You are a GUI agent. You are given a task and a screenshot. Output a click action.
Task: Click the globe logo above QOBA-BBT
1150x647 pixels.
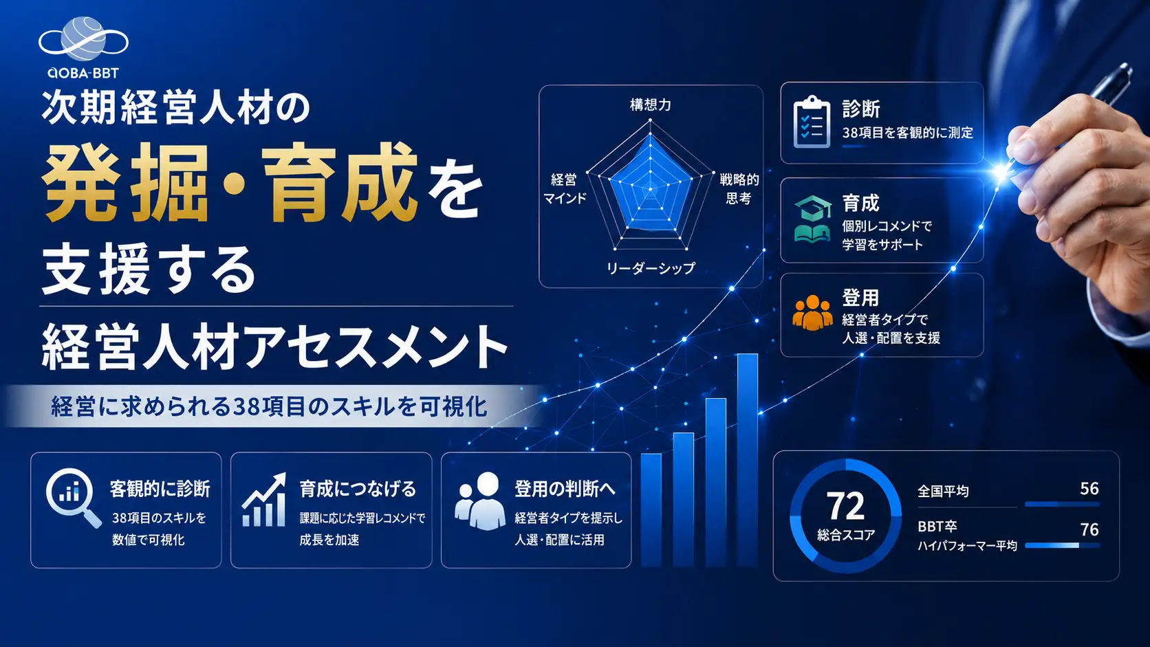pos(83,39)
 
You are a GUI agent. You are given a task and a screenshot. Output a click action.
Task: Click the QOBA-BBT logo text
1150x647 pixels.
pos(83,74)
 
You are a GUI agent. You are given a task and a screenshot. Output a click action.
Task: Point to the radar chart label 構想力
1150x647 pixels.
pos(651,105)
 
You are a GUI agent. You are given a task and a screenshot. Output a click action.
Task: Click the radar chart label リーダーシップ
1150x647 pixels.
pos(651,268)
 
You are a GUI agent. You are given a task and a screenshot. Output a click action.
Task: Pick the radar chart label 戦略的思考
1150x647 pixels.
pos(739,189)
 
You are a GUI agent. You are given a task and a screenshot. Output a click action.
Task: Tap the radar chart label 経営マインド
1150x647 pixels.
pos(565,189)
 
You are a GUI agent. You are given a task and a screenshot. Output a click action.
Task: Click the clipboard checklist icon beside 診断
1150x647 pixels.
pos(811,122)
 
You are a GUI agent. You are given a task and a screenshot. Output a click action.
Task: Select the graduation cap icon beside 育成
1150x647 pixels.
pos(813,219)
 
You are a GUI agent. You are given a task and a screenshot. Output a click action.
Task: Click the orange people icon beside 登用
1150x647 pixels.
pos(812,312)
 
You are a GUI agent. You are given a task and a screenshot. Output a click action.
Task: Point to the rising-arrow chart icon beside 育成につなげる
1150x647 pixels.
pos(264,500)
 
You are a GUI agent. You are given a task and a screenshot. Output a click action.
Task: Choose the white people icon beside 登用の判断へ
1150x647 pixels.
pos(479,501)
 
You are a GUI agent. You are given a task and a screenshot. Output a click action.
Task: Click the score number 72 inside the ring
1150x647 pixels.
pos(845,507)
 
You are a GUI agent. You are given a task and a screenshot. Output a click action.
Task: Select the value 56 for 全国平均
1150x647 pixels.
pos(1089,488)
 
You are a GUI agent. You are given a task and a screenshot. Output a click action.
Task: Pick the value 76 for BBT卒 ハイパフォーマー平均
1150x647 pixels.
pos(1089,529)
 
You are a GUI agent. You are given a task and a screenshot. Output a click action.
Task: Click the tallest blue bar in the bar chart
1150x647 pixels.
pos(748,460)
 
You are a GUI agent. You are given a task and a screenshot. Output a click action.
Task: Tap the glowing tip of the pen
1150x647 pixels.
pos(1001,171)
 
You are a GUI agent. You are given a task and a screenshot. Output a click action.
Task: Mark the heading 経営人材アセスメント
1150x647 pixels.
pos(274,347)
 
